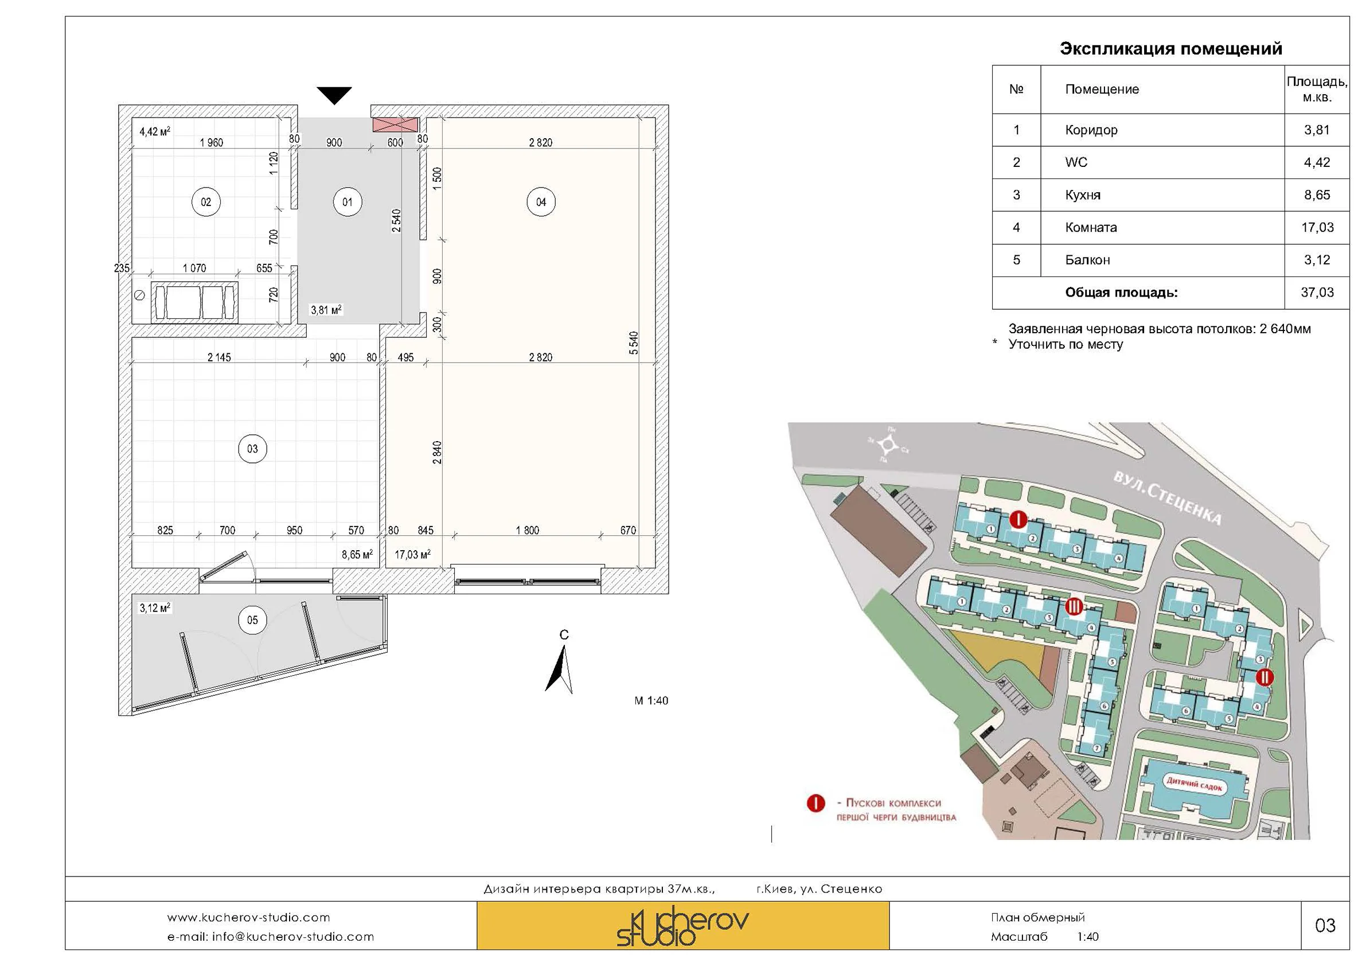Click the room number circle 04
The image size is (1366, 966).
540,202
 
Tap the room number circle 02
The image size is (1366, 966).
206,202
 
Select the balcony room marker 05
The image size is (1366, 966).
252,620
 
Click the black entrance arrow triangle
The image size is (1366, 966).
334,95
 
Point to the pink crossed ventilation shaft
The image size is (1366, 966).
395,124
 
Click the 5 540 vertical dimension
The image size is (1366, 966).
634,343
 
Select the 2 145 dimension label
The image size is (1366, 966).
219,357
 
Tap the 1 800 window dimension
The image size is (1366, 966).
527,529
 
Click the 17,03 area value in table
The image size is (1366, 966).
1317,227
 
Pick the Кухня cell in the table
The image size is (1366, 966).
1083,195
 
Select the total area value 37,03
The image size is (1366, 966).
1317,292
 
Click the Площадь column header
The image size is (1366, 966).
1317,89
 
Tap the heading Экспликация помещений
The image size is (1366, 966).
1170,49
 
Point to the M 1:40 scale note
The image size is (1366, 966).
651,700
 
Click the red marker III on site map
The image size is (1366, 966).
1074,606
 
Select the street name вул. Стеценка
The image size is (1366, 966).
1167,498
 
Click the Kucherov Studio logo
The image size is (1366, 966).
682,925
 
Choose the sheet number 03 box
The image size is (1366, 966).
1324,925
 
